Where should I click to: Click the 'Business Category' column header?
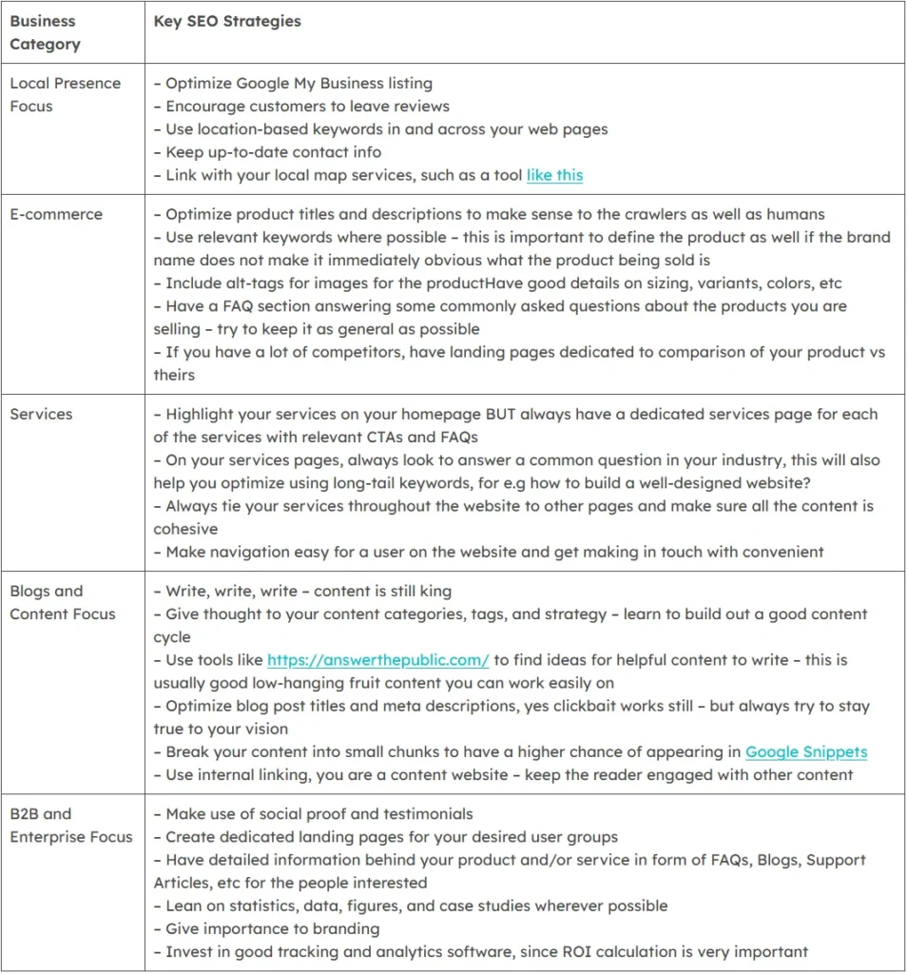46,32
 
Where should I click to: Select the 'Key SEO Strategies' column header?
227,21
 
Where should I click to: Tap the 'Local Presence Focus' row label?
65,94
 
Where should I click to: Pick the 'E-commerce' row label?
56,214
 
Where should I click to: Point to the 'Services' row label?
41,414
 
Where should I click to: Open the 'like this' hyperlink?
554,175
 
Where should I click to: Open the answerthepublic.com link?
377,659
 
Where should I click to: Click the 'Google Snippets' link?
806,751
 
